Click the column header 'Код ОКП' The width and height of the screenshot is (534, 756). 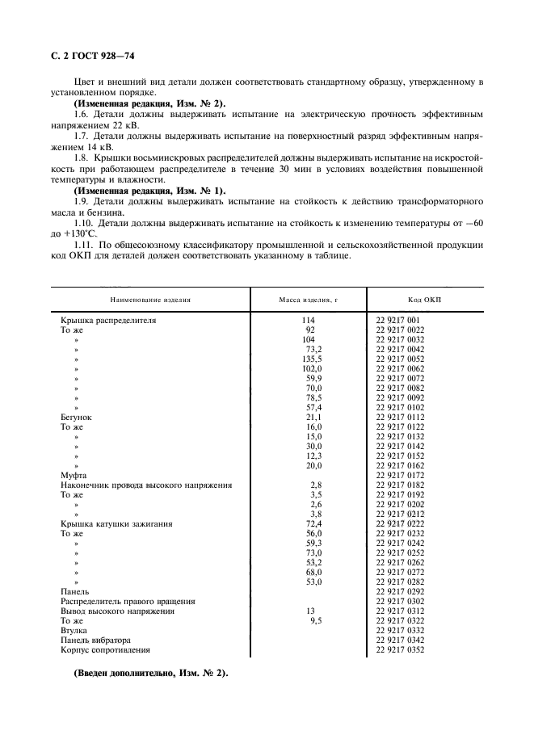425,298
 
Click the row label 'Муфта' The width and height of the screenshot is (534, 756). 74,475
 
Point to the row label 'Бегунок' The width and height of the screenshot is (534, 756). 77,417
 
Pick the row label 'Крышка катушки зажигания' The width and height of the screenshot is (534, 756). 116,523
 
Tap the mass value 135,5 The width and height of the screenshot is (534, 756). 311,359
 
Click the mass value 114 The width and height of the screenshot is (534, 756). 308,320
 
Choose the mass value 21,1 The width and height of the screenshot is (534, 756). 312,417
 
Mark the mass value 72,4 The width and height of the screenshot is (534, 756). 312,523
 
